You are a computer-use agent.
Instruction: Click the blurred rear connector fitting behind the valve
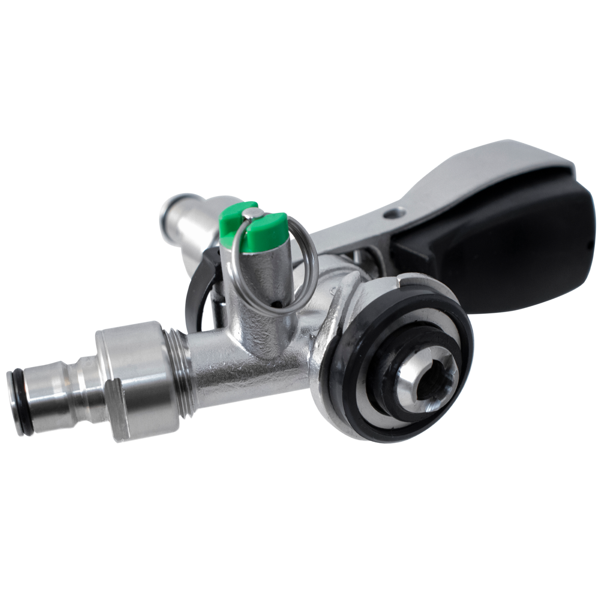point(181,219)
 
